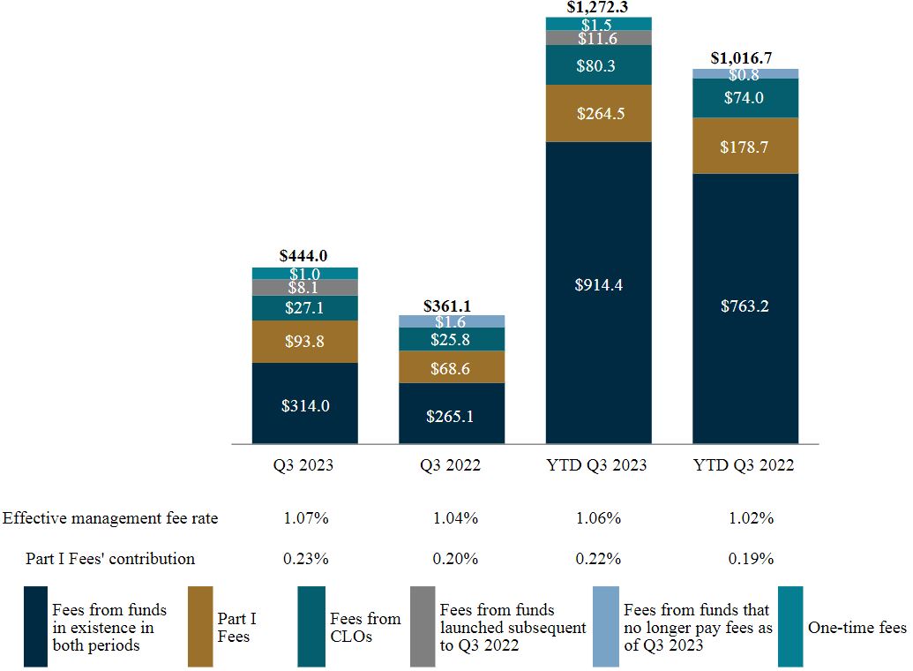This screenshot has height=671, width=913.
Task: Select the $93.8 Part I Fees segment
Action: coord(304,342)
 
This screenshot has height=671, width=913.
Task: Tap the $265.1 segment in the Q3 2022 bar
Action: coord(452,414)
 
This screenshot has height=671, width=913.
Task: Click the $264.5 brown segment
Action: coord(598,113)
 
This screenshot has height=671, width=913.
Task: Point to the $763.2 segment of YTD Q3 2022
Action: coord(745,307)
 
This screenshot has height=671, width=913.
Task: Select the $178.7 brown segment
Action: coord(745,147)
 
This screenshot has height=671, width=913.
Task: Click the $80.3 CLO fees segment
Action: coord(598,65)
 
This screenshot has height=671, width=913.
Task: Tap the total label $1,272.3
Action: coord(598,8)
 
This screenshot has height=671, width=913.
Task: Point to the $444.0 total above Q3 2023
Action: coord(304,256)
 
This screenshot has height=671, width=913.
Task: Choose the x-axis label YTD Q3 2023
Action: coord(598,465)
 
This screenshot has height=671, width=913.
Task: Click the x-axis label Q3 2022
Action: coord(452,465)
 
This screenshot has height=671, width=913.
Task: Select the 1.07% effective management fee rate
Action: coord(305,518)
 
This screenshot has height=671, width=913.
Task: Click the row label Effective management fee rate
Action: coord(110,518)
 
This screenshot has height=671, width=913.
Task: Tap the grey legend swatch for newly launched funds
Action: coord(423,627)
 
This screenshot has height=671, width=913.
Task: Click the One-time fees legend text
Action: coord(857,628)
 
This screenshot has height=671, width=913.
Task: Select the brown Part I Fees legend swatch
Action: coord(200,627)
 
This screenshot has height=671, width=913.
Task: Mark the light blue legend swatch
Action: coord(606,627)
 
